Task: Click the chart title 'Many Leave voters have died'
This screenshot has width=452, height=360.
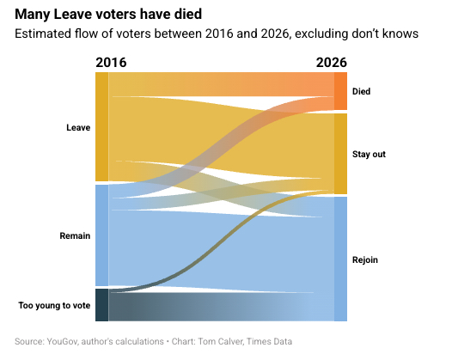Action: [x=108, y=14]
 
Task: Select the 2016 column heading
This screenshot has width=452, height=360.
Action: [x=111, y=63]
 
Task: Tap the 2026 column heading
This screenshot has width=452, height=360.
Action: [x=332, y=63]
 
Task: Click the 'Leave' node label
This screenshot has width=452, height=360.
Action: [x=78, y=127]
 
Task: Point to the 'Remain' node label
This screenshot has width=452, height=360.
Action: [x=75, y=235]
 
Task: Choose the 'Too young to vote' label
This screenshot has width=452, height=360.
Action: [x=54, y=305]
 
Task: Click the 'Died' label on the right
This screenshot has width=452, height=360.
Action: [x=361, y=91]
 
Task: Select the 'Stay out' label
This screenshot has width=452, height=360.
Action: [x=369, y=154]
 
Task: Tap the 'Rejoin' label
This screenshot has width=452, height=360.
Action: [x=365, y=260]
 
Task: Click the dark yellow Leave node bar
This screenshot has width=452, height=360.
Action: [x=102, y=127]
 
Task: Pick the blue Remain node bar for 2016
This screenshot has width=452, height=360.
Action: [x=102, y=235]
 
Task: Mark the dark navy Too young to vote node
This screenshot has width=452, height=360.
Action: [x=102, y=305]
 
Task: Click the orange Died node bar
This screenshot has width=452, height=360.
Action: [x=341, y=91]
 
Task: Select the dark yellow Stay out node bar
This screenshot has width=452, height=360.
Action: [x=341, y=154]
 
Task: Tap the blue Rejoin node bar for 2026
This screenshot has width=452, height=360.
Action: [x=341, y=259]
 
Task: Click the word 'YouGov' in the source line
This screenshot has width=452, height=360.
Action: [x=62, y=342]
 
